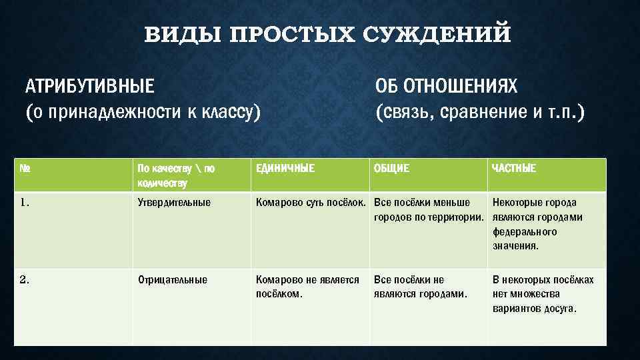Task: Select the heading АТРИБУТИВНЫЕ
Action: coord(89,86)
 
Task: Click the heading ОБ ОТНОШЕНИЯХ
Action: coord(446,86)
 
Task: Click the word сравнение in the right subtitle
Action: coord(481,112)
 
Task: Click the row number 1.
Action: coord(25,203)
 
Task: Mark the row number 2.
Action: coord(25,280)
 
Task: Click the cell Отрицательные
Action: coord(172,280)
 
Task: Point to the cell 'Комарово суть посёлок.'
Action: coord(311,203)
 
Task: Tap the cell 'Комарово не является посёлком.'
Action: coord(307,287)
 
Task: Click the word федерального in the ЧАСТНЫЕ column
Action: coord(525,232)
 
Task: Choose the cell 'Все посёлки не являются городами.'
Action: coord(420,287)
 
